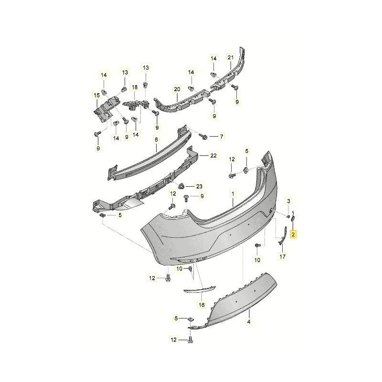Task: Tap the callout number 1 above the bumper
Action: point(233,194)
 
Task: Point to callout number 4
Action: point(249,323)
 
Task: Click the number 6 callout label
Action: point(156,140)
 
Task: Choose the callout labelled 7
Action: point(221,137)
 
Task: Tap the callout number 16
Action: point(202,304)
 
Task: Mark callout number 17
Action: point(282,257)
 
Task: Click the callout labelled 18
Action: point(135,87)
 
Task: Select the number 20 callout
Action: point(177,89)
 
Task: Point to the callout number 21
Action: point(230,58)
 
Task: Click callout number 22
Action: point(213,156)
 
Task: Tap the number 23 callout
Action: point(199,186)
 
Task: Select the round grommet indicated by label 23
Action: point(181,185)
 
